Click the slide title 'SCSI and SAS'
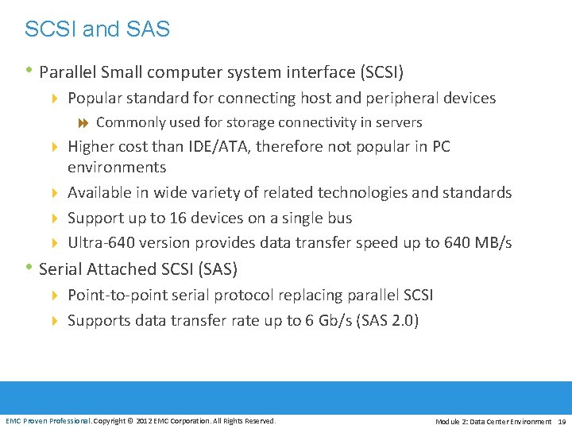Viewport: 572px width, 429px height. point(97,30)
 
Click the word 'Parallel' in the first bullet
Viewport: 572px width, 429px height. point(65,72)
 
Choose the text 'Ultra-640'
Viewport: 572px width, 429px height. point(100,242)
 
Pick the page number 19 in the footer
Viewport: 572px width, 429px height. point(562,421)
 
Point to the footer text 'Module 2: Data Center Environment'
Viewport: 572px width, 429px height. point(493,421)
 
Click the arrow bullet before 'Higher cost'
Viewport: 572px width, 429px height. point(55,147)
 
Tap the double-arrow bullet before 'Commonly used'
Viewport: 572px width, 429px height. point(83,123)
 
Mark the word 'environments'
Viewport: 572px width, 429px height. point(117,168)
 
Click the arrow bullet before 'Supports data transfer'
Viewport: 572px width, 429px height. point(55,321)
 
